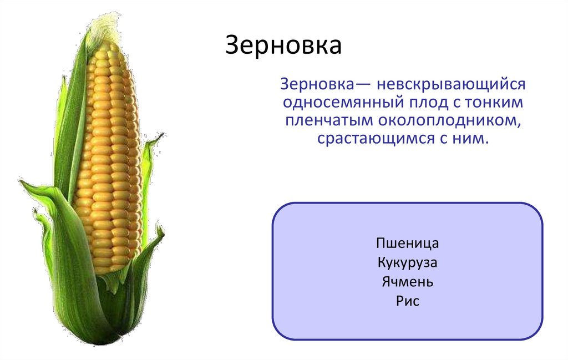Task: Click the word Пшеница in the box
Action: pos(407,244)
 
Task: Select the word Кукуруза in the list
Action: pos(407,262)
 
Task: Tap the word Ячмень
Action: pos(407,282)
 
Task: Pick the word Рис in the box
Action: pos(407,301)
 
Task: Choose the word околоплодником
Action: pos(450,120)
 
